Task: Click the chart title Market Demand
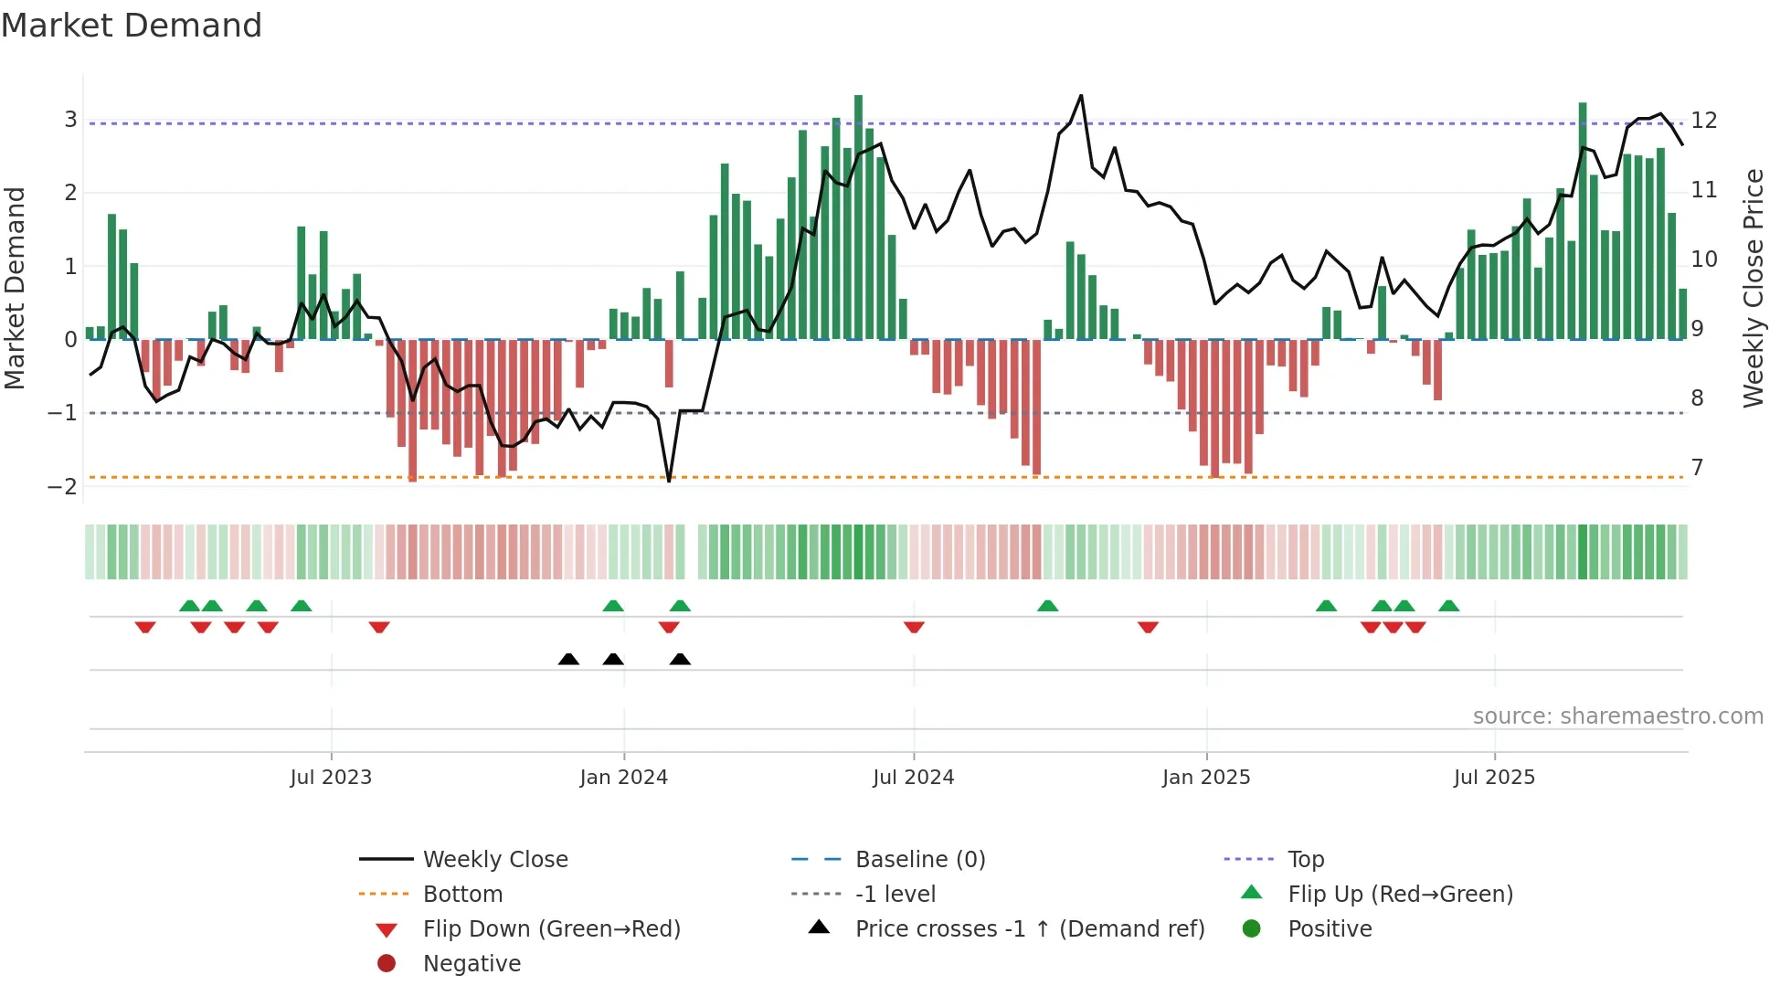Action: coord(132,26)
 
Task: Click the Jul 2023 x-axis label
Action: coord(331,778)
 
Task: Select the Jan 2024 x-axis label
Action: coord(623,778)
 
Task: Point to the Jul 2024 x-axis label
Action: coord(913,778)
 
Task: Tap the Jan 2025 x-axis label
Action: coord(1205,778)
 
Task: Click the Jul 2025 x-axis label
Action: coord(1494,778)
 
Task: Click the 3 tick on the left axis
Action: coord(70,120)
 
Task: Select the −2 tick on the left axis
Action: coord(63,486)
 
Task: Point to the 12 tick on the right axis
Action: coord(1703,120)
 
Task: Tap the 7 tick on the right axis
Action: coord(1697,468)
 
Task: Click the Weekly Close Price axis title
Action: coord(1753,288)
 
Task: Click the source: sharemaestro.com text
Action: coord(1617,716)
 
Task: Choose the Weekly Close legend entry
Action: coord(494,860)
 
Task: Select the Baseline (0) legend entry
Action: coord(919,860)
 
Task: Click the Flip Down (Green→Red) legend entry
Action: coord(551,929)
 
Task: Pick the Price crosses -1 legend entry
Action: coord(1029,929)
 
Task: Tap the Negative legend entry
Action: coord(472,964)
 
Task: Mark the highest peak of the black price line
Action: coord(1081,96)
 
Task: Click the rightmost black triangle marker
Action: coord(680,660)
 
